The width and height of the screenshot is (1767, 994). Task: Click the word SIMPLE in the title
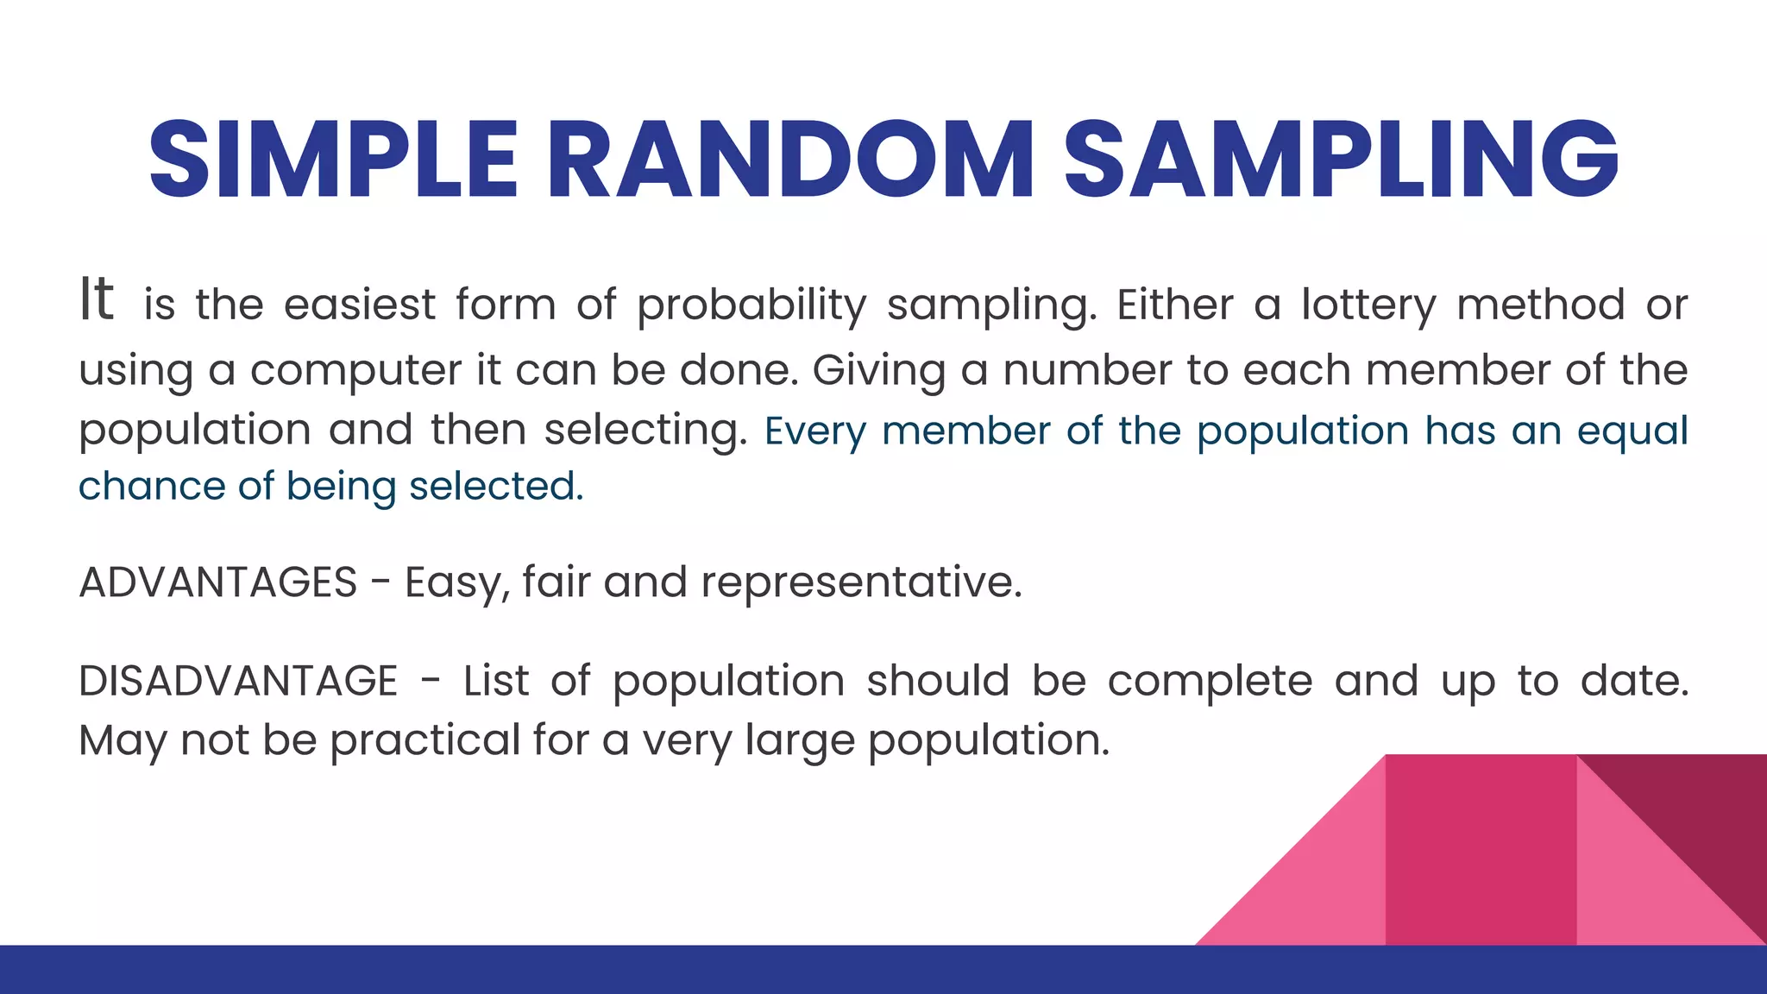click(x=333, y=160)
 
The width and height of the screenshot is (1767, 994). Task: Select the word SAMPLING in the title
click(x=1341, y=160)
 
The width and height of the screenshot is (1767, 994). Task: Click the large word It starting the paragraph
click(x=97, y=299)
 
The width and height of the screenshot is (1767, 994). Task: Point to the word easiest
click(x=360, y=305)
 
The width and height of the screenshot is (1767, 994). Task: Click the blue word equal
click(x=1632, y=431)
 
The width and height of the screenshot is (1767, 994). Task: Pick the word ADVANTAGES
click(x=218, y=582)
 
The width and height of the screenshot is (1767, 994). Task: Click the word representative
click(x=860, y=583)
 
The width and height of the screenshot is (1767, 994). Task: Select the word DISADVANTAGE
click(x=238, y=681)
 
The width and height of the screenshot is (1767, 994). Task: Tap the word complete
click(x=1210, y=681)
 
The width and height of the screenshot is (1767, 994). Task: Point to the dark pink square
click(x=1481, y=850)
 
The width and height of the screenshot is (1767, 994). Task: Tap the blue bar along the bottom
click(x=883, y=970)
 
